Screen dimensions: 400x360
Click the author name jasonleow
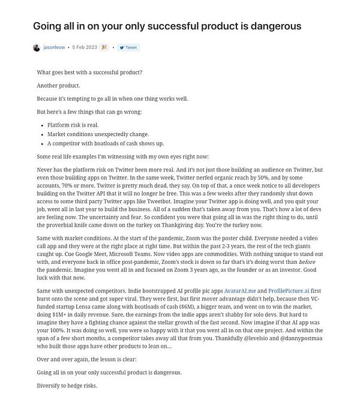tap(54, 47)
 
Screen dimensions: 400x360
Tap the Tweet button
tap(128, 47)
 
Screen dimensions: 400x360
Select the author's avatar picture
tap(37, 47)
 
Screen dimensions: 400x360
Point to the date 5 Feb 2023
tap(85, 47)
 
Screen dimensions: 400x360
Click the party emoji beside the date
tap(104, 47)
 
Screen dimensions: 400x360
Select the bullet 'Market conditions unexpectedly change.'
tap(89, 134)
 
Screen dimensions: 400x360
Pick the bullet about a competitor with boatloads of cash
tap(105, 144)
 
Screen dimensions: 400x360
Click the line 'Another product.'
tap(56, 85)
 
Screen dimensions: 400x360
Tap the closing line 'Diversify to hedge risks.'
tap(67, 386)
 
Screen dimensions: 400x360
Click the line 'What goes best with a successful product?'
tap(89, 72)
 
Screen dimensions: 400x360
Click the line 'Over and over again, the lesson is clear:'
tap(86, 360)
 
